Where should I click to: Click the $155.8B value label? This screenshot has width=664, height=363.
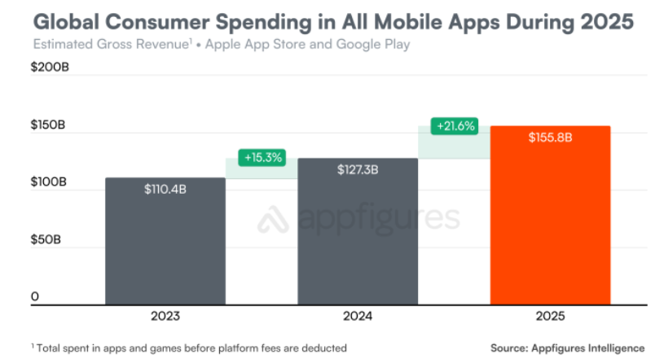550,138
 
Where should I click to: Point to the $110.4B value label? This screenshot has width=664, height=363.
165,190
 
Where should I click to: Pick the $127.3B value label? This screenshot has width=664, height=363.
358,170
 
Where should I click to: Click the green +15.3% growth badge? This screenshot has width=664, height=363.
262,158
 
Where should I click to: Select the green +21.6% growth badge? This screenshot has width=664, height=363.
454,127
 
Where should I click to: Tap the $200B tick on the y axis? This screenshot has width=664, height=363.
50,68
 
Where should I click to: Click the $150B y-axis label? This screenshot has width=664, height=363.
49,125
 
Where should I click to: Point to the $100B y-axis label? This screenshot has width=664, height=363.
49,182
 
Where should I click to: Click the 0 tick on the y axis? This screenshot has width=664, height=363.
35,297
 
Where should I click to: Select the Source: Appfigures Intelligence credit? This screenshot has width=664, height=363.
567,348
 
